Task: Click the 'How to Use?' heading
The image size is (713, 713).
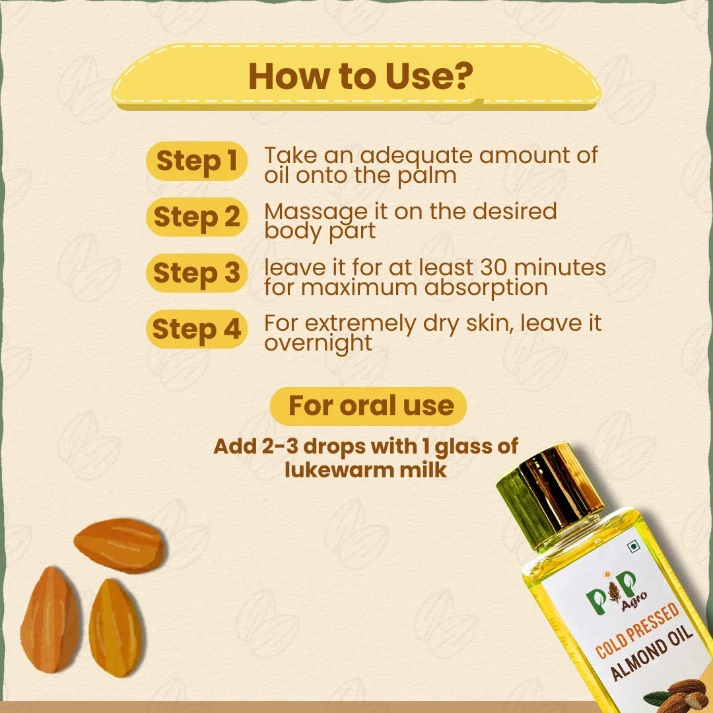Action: coord(360,76)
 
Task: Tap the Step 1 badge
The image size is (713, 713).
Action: coord(197,161)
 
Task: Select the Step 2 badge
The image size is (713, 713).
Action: coord(197,217)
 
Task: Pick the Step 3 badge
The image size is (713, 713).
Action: coord(197,273)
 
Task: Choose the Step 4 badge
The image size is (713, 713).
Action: coord(197,329)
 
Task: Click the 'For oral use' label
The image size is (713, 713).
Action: coord(368,406)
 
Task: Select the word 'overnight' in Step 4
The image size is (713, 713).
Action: coord(318,344)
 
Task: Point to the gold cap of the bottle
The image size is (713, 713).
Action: coord(550,493)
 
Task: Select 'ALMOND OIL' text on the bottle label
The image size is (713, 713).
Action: coord(651,652)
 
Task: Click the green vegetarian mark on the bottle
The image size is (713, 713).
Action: coord(632,547)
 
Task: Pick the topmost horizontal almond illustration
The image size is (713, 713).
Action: coord(119,545)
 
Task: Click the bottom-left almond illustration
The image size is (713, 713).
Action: coord(50,619)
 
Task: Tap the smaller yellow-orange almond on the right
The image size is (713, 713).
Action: coord(115,628)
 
